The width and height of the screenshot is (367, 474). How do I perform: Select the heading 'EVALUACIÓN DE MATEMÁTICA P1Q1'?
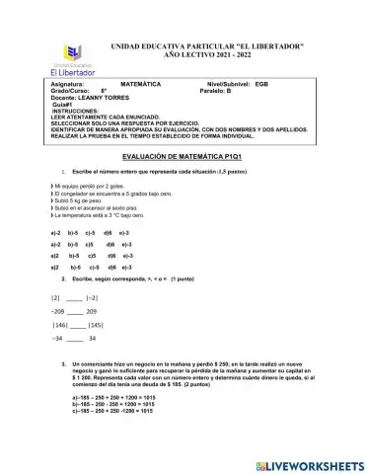coord(183,157)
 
